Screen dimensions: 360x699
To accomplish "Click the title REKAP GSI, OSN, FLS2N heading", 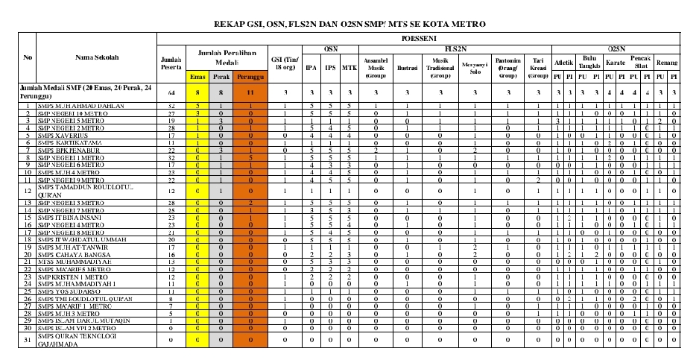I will pos(349,24).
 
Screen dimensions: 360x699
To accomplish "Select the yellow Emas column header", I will pos(197,77).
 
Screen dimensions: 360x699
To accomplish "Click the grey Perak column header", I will pos(221,77).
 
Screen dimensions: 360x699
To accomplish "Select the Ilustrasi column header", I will pos(406,66).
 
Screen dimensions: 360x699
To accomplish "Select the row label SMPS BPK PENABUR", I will pos(66,151).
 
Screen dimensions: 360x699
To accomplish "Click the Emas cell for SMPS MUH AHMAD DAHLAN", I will pos(197,107).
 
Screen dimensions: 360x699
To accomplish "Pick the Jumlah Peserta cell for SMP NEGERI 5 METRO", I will pos(171,121).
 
